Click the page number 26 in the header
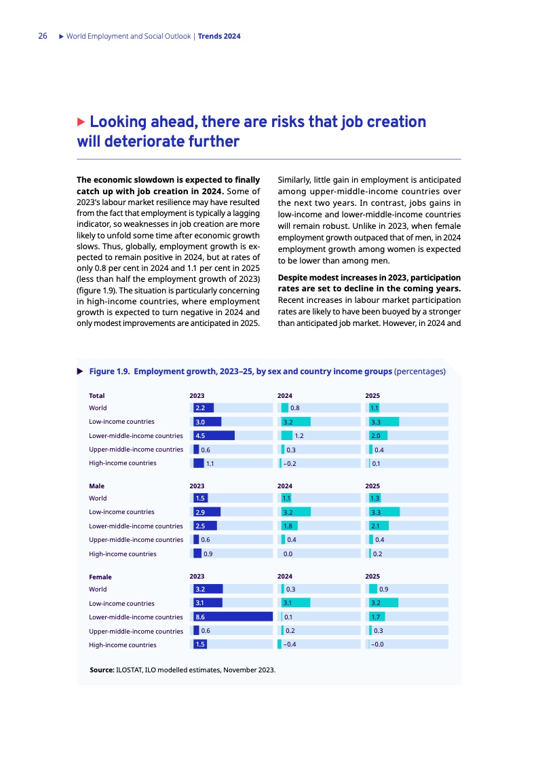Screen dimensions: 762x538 pos(42,36)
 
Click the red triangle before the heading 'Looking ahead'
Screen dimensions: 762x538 pos(81,122)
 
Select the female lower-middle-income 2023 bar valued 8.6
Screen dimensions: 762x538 pos(233,617)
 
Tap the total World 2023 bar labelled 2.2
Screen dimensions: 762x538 pos(204,408)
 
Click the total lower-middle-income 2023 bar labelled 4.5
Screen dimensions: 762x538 pos(214,435)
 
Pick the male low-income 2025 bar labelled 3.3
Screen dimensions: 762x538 pos(383,512)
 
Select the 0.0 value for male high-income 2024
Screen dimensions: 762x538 pos(288,554)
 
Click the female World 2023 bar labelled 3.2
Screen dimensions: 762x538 pos(208,589)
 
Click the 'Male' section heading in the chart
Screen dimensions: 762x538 pos(96,486)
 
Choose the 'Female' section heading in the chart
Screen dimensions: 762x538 pos(100,577)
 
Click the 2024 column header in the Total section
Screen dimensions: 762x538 pos(285,395)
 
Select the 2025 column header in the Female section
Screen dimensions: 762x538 pos(372,577)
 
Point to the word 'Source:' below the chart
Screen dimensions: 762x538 pos(102,670)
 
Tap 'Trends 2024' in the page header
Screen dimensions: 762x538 pos(219,36)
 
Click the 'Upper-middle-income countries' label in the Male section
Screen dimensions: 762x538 pos(136,540)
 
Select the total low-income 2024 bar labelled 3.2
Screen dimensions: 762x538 pos(295,422)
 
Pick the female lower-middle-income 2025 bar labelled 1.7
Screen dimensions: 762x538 pos(377,617)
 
